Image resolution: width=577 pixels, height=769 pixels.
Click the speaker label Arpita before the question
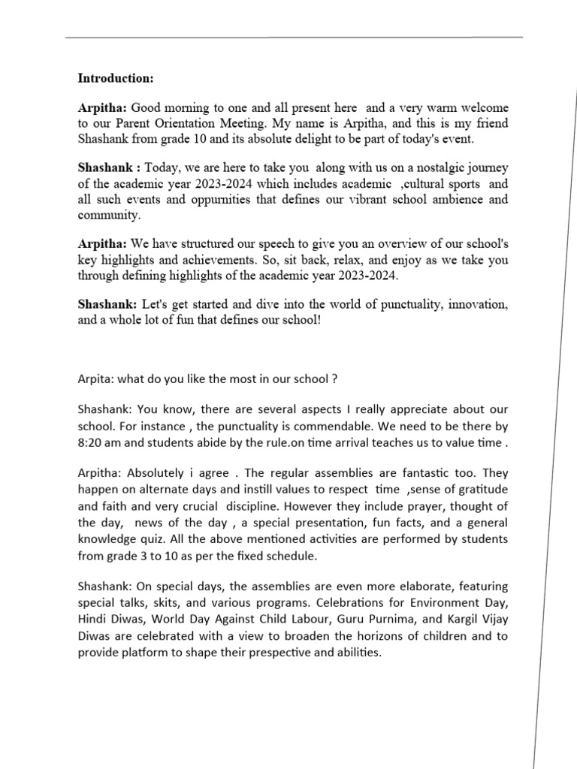coord(93,379)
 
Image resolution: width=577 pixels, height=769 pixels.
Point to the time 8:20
coord(92,443)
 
